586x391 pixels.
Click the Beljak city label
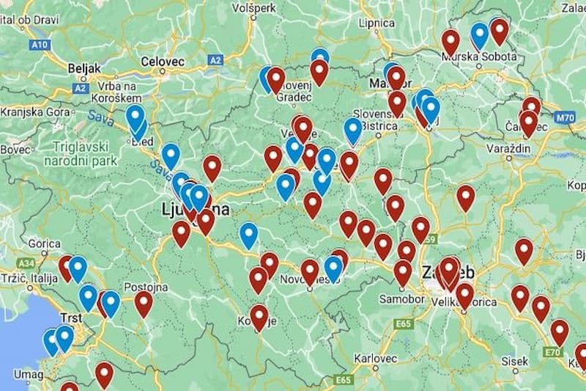[84, 67]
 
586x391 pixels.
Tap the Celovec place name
[163, 62]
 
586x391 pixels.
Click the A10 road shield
[40, 45]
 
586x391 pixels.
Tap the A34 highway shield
[27, 262]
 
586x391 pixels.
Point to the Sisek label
[515, 361]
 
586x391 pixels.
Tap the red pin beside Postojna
[144, 302]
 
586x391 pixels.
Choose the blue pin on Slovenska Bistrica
[353, 129]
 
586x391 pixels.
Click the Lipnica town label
[377, 23]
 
